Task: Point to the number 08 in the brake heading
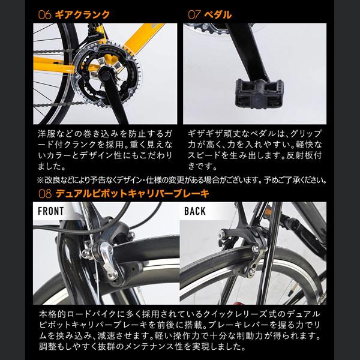[44, 194]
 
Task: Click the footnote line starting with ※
[180, 179]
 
